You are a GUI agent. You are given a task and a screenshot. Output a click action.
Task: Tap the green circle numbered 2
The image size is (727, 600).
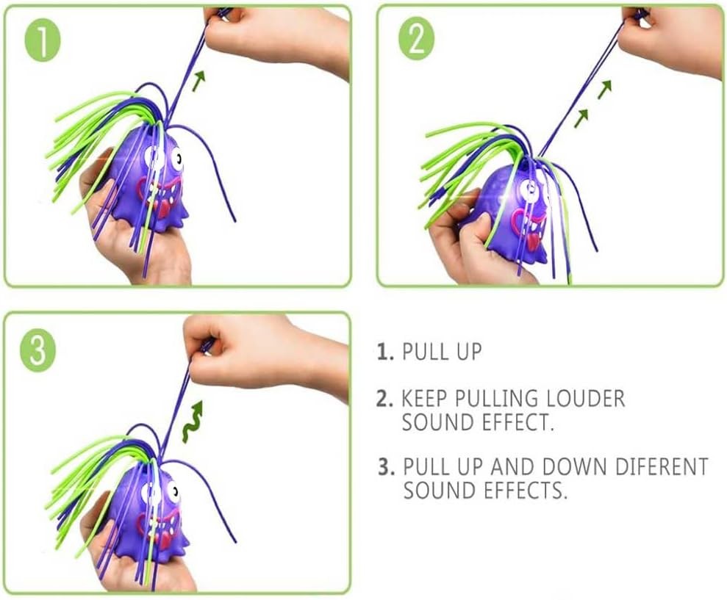click(416, 41)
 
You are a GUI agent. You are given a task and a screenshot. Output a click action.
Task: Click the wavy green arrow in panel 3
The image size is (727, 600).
click(193, 421)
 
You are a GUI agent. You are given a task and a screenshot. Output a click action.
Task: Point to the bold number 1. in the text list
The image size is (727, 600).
click(385, 352)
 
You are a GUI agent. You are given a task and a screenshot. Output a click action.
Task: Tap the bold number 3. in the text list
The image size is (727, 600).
click(387, 466)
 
